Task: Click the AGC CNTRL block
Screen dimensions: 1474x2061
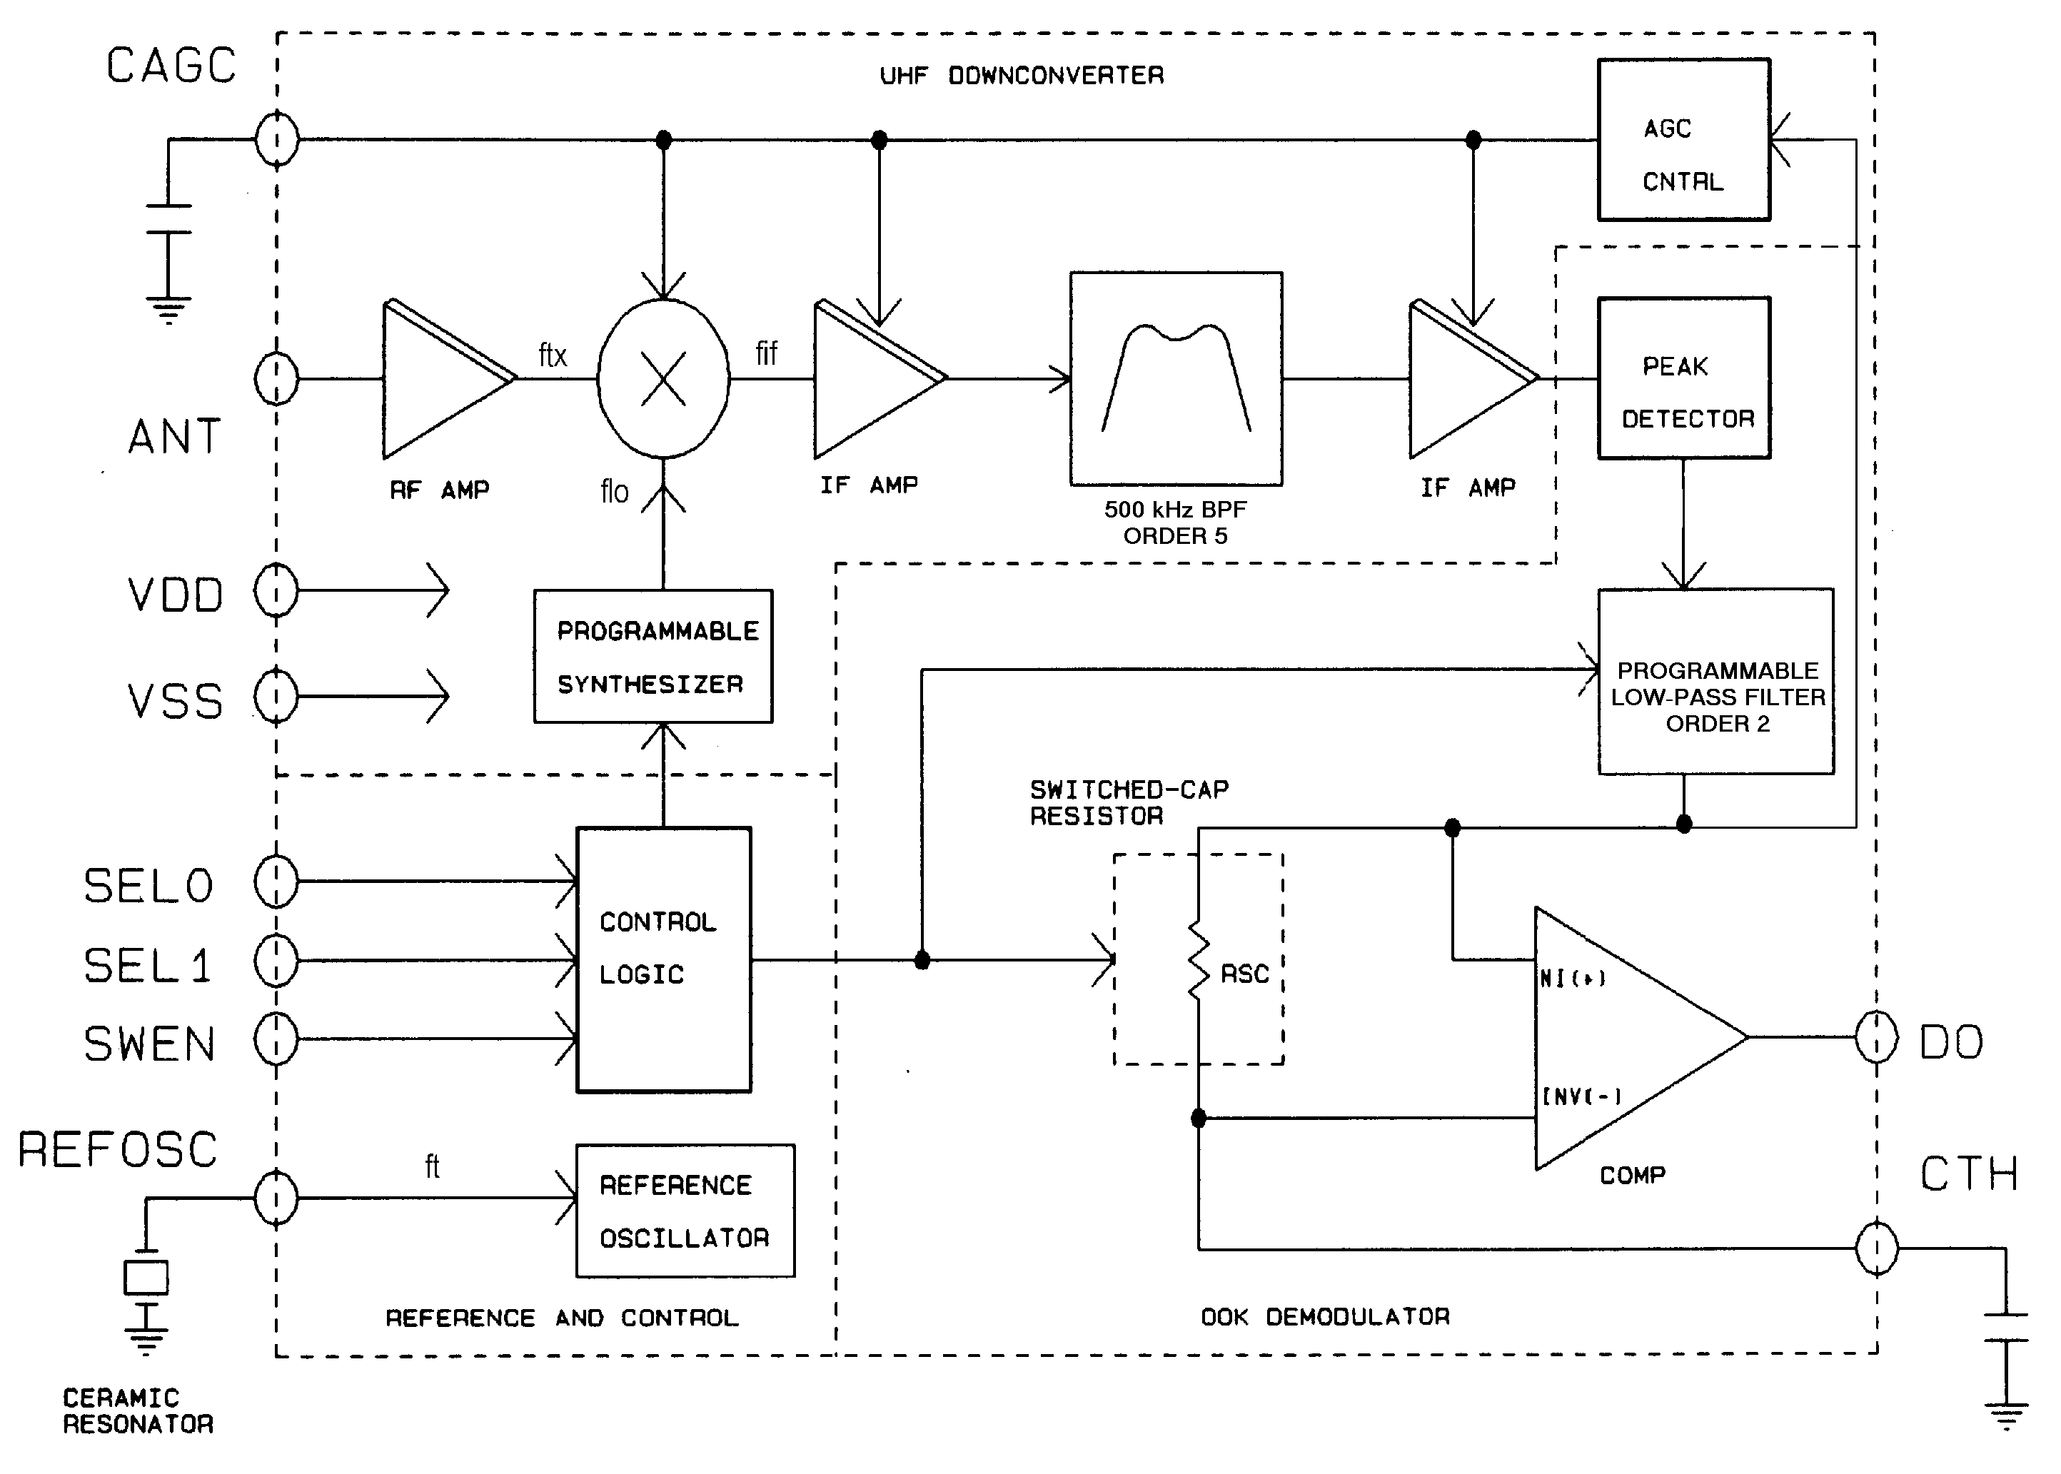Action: pos(1683,140)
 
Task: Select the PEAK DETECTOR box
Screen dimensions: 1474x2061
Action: pos(1683,378)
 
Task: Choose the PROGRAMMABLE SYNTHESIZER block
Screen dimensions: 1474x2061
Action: pos(652,656)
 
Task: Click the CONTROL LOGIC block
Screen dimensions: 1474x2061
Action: pos(663,959)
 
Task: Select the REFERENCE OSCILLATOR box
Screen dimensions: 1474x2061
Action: pos(685,1211)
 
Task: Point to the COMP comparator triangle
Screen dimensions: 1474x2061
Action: pos(1625,1037)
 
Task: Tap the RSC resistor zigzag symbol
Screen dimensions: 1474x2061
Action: pos(1199,962)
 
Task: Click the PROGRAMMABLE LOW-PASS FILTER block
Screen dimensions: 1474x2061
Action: pos(1715,682)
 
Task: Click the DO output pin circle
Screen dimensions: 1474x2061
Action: pos(1876,1036)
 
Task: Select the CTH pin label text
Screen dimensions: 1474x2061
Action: pos(1968,1173)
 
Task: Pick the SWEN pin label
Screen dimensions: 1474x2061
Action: pos(150,1044)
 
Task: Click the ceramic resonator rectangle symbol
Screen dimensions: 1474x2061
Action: pos(146,1278)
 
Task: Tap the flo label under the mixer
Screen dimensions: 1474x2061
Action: pos(615,492)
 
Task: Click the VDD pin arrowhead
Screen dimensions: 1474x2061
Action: pos(438,591)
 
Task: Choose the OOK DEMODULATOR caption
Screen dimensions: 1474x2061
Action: pos(1325,1317)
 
